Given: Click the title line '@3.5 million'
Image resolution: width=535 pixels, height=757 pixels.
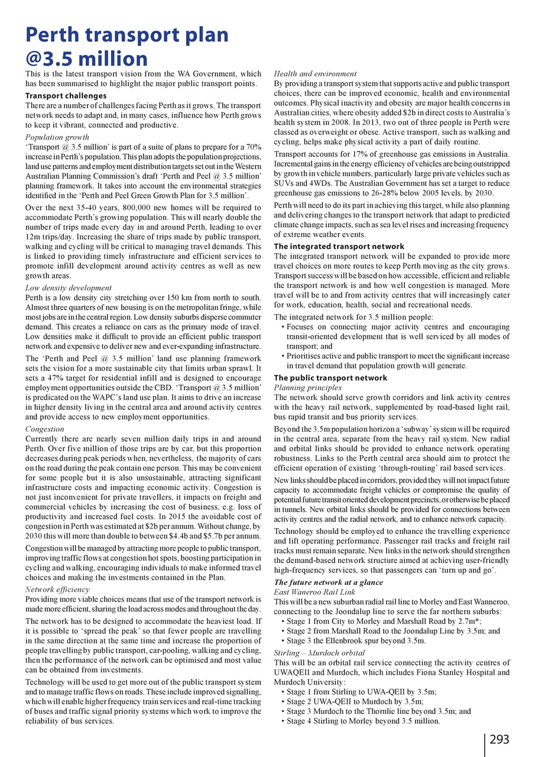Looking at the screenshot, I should point(86,58).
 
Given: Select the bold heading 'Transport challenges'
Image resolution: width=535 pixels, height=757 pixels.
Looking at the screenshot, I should point(66,95).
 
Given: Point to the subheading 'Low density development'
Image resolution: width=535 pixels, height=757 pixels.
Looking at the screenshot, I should point(69,288).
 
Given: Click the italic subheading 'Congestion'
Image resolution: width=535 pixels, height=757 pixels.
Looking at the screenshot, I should point(45,429).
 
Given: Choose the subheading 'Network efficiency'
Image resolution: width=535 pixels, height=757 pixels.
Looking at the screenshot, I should point(58,594).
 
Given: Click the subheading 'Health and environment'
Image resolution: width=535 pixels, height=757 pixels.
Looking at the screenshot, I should point(315,74).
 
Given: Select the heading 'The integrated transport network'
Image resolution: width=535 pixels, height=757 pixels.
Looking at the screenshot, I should point(339,246).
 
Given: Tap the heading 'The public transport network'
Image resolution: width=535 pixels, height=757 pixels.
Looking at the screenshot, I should point(331,378).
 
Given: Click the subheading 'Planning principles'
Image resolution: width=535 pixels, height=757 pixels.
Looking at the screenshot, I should point(308,387).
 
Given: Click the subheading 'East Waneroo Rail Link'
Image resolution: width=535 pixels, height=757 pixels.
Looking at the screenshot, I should point(314,592).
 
